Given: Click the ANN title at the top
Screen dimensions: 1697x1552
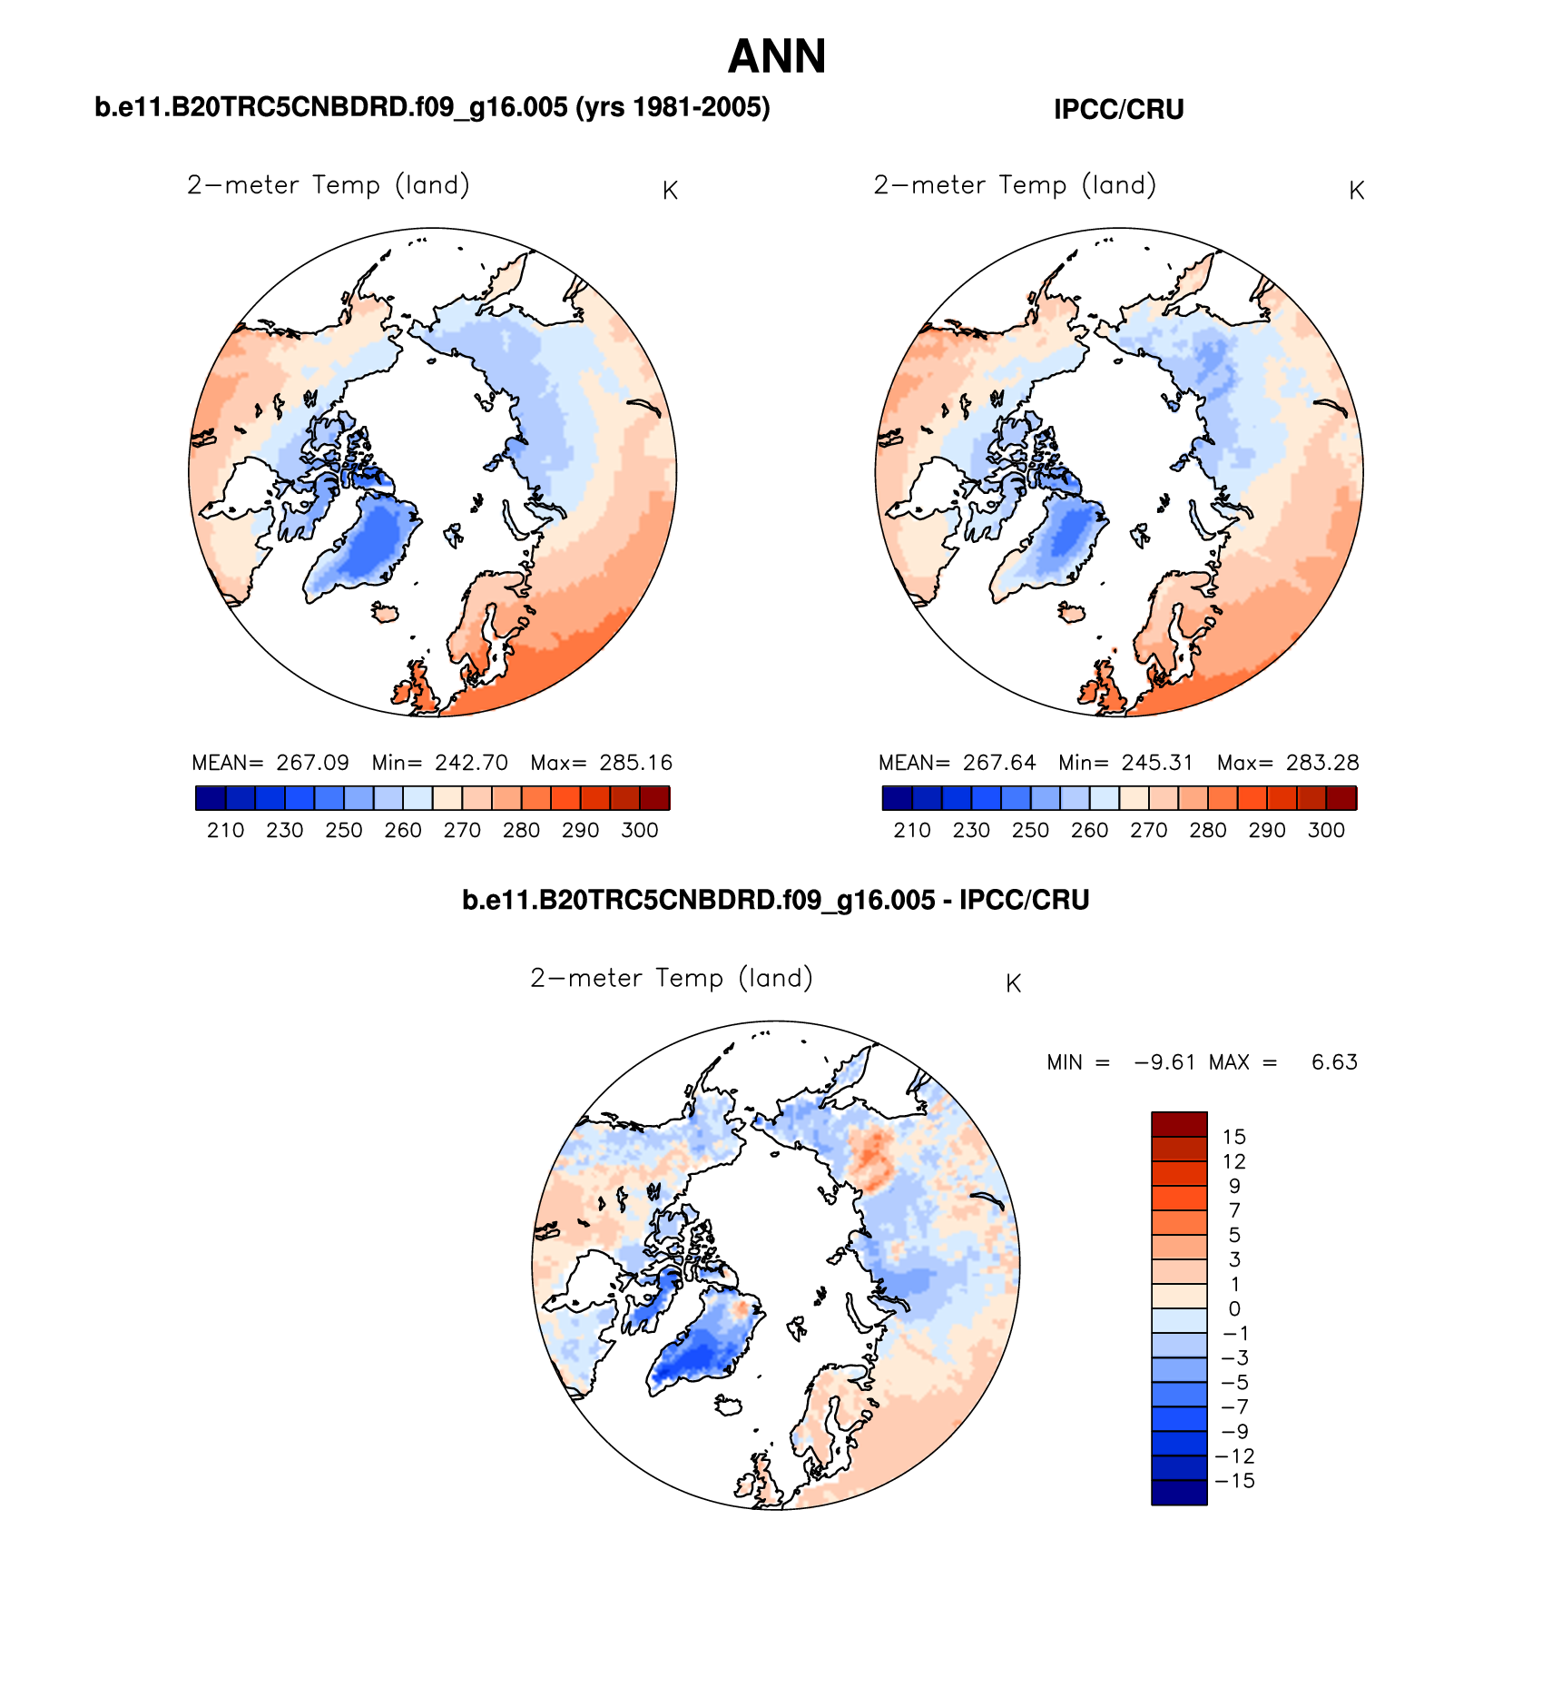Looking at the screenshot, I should [x=777, y=57].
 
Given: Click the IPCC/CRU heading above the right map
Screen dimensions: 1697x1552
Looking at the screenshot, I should [x=1118, y=110].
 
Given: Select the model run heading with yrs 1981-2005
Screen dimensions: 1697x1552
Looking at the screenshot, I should [x=432, y=108].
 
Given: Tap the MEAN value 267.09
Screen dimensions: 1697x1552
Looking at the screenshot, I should [x=312, y=763].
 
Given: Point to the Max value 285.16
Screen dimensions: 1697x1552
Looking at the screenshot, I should [x=635, y=763].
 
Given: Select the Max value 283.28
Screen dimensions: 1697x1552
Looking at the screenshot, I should [x=1321, y=763].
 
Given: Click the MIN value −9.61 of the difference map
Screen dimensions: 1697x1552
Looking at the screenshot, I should [x=1164, y=1062].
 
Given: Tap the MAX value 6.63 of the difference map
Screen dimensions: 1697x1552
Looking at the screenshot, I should [x=1334, y=1062].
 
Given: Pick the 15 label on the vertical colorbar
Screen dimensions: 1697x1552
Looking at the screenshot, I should [x=1234, y=1137].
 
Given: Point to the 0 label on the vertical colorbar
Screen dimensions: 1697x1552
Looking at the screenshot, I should [x=1234, y=1308].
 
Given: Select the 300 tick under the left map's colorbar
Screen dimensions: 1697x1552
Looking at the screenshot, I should [x=640, y=830].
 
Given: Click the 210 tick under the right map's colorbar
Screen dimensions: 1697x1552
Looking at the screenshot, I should [x=912, y=830].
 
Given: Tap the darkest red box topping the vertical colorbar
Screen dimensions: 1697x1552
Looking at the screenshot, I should [x=1179, y=1124].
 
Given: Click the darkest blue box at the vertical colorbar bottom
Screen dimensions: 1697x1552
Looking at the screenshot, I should [x=1179, y=1493].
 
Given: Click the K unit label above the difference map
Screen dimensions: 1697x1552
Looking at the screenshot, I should [x=1014, y=984].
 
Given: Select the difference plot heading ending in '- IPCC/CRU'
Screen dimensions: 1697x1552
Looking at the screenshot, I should [x=775, y=901].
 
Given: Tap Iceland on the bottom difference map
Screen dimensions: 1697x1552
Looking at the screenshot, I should [x=729, y=1406].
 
